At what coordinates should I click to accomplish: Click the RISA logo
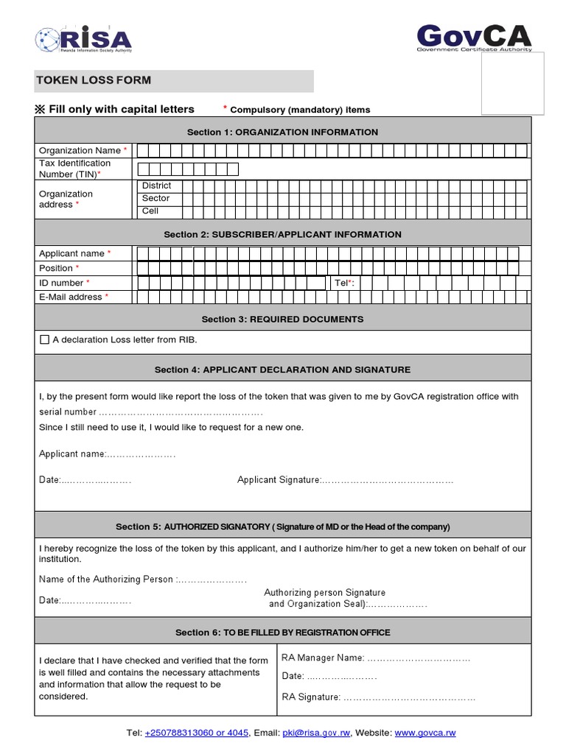[83, 39]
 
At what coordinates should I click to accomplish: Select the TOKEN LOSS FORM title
[94, 80]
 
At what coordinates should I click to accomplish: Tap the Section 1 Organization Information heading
[282, 132]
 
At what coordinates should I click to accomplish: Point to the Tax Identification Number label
[74, 169]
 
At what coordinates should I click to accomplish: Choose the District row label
[156, 186]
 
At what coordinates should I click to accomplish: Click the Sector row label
[156, 198]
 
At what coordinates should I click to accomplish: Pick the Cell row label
[150, 211]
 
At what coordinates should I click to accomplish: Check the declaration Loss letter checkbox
[44, 339]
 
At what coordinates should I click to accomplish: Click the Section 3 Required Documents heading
[282, 319]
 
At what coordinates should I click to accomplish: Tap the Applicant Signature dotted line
[387, 480]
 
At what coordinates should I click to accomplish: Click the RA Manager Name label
[323, 658]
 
